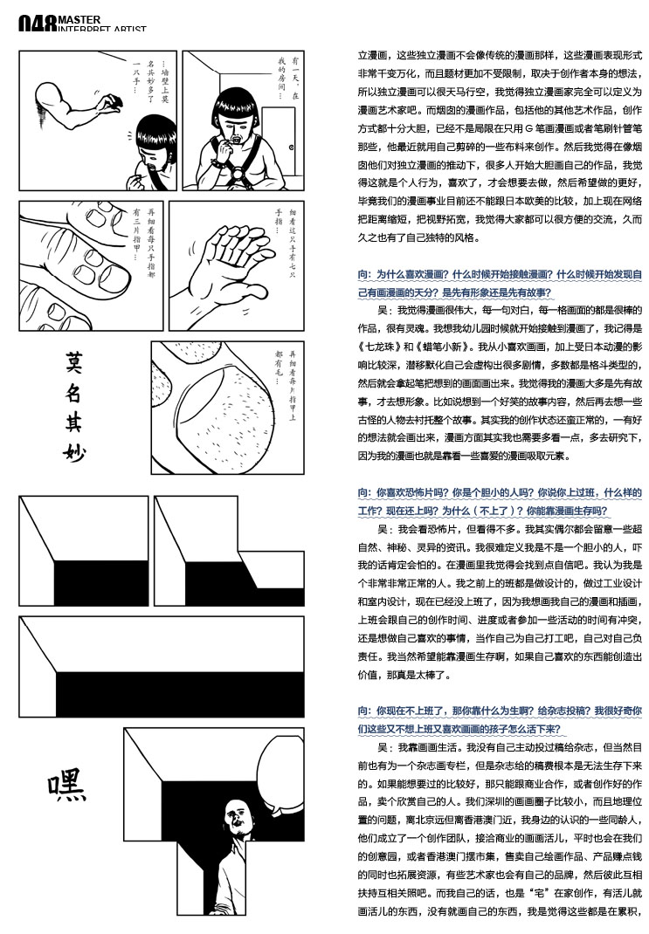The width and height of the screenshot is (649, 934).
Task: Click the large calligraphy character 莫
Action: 76,361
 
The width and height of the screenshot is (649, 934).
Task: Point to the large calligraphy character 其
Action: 76,420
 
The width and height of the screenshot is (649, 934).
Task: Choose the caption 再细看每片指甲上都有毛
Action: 291,374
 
